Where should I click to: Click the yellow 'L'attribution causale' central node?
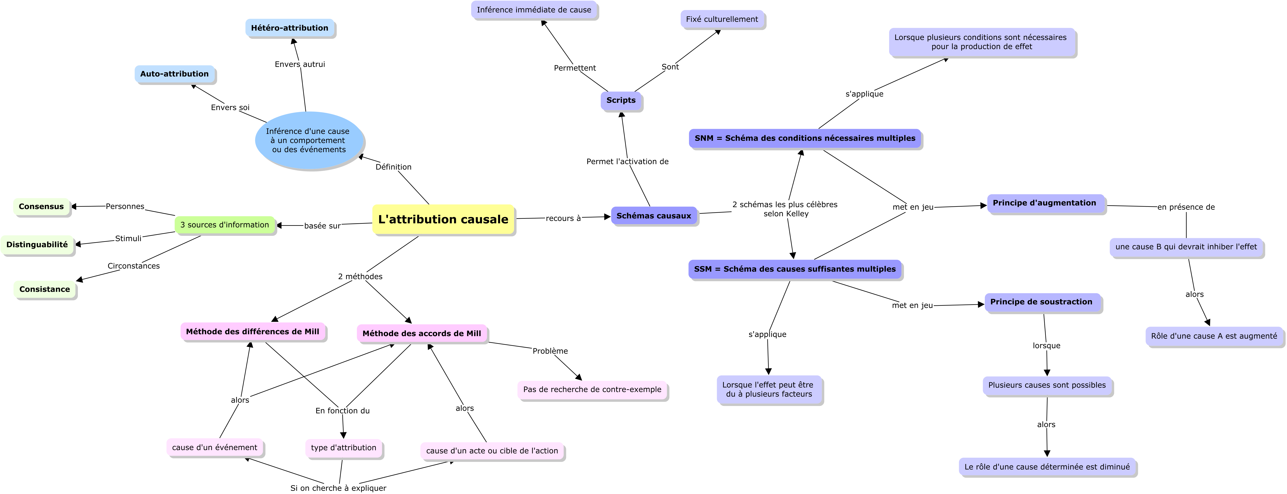pyautogui.click(x=443, y=219)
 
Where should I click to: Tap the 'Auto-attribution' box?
pyautogui.click(x=174, y=74)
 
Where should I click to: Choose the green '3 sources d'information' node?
pyautogui.click(x=225, y=225)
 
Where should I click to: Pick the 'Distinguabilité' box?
pyautogui.click(x=37, y=245)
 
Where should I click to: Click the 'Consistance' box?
pyautogui.click(x=44, y=289)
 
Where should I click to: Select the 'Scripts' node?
pyautogui.click(x=621, y=100)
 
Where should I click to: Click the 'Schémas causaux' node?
pyautogui.click(x=654, y=216)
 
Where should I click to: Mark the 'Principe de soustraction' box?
pyautogui.click(x=1042, y=302)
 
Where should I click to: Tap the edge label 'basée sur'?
pyautogui.click(x=322, y=226)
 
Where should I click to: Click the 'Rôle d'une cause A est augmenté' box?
pyautogui.click(x=1214, y=336)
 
